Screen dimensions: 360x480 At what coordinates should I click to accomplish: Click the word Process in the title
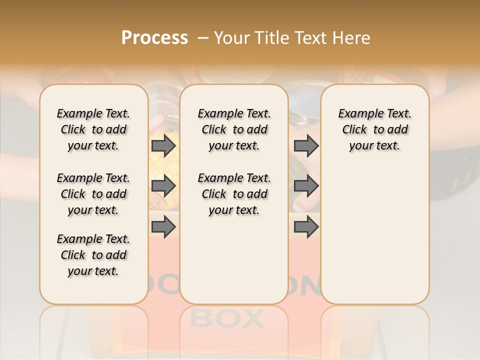[x=154, y=38]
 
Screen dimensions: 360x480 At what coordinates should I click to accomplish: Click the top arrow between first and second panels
[x=163, y=146]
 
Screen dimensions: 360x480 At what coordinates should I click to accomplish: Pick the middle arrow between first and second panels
[x=163, y=186]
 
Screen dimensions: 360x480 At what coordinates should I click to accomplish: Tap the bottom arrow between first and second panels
[x=163, y=227]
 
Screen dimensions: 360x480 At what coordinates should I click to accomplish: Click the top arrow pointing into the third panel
[x=306, y=146]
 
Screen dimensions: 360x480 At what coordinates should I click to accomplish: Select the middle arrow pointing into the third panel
[x=306, y=186]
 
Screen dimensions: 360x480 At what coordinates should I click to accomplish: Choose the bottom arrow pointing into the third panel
[x=306, y=227]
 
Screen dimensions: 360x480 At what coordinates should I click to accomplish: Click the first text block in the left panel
[x=93, y=129]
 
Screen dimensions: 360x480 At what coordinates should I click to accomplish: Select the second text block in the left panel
[x=93, y=194]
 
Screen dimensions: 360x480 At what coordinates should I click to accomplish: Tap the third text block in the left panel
[x=93, y=255]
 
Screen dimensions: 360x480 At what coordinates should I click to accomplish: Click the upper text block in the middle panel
[x=234, y=129]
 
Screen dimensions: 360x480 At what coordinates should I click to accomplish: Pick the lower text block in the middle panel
[x=234, y=194]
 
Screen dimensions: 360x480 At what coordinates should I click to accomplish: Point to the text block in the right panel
[x=374, y=129]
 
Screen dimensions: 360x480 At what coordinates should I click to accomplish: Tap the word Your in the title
[x=231, y=38]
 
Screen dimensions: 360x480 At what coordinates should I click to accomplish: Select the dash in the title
[x=203, y=38]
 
